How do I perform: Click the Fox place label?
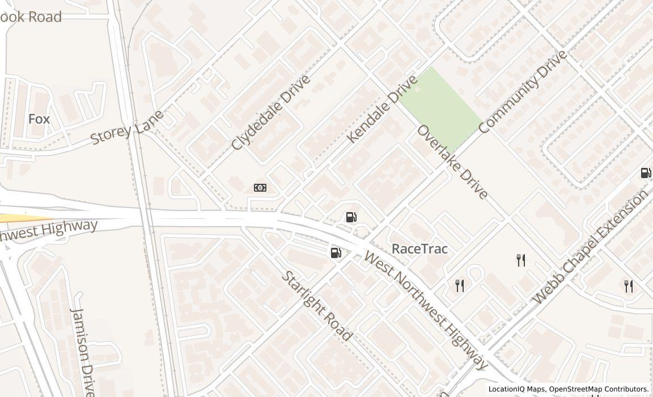[39, 119]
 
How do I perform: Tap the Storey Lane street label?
[127, 128]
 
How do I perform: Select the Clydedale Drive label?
[271, 112]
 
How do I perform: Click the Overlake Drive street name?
[452, 162]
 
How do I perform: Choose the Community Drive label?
[523, 92]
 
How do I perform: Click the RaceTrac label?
[419, 249]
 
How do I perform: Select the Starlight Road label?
[317, 306]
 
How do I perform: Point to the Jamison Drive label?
[83, 352]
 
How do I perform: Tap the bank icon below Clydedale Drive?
[260, 188]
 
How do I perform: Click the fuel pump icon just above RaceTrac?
[351, 217]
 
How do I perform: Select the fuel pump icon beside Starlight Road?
[336, 253]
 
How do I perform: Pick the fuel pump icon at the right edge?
[646, 173]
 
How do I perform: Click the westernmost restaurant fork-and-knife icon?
[460, 286]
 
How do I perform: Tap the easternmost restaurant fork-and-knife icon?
[629, 286]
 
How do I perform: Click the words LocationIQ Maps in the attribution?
[516, 389]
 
